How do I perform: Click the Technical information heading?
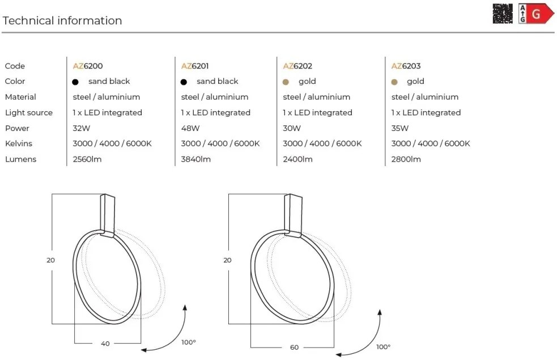click(62, 21)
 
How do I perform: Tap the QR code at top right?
click(502, 13)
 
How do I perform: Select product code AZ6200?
click(88, 66)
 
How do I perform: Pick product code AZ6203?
click(406, 66)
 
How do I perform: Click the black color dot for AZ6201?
click(184, 82)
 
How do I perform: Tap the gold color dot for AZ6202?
click(286, 82)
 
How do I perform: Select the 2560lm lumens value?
click(87, 159)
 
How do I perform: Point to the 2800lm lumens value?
click(406, 159)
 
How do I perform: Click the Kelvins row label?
click(18, 143)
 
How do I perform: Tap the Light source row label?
click(28, 113)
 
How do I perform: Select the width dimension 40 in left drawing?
click(105, 344)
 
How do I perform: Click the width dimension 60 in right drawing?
click(294, 347)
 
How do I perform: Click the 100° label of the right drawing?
click(383, 346)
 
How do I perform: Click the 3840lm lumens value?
click(195, 159)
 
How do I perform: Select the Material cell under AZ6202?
click(316, 97)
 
